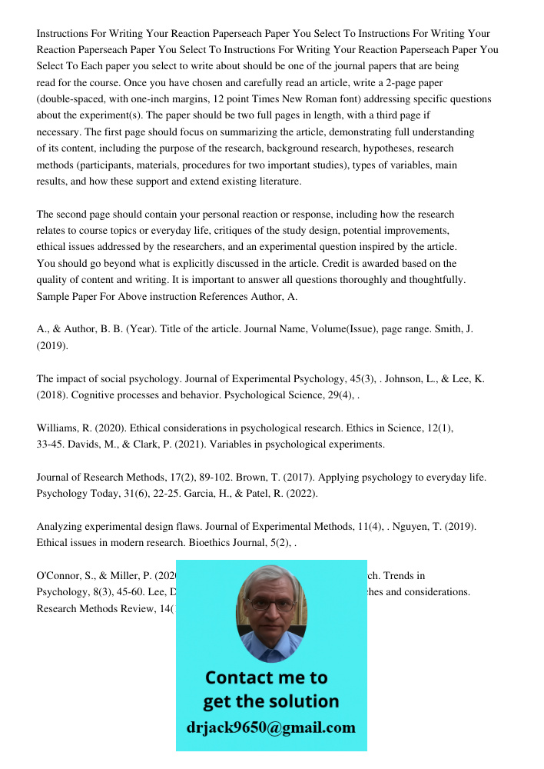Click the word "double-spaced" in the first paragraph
point(72,99)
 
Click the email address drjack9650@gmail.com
point(271,727)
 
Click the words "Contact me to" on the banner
point(267,677)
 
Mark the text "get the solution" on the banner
point(270,701)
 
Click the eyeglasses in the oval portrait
point(270,604)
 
